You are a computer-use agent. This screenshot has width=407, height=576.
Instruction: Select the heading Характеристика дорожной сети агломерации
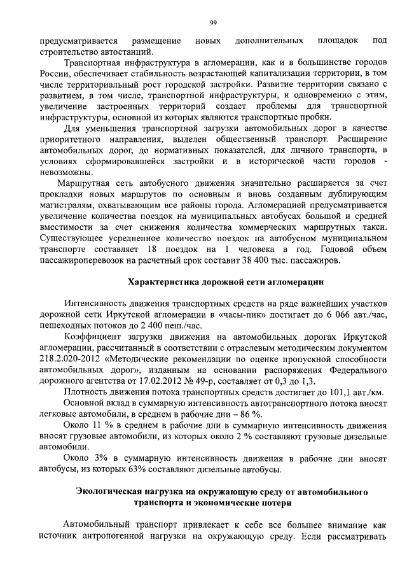click(227, 281)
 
